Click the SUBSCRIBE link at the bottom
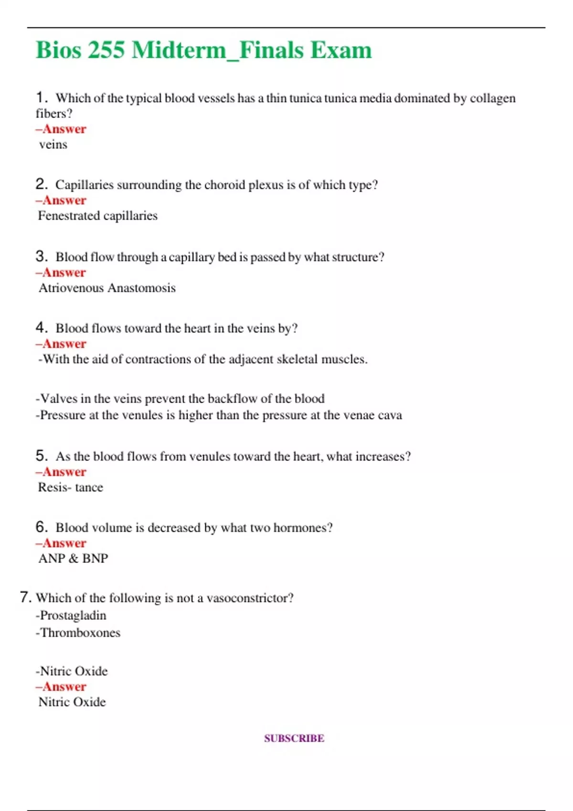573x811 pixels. coord(294,738)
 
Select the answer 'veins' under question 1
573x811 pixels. coord(53,145)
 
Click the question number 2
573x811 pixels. coord(41,184)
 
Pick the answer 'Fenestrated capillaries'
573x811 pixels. coord(97,216)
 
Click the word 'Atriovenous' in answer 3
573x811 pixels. coord(71,288)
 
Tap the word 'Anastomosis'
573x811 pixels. coord(142,288)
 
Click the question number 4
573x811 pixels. coord(41,328)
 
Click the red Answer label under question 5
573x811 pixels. coord(61,472)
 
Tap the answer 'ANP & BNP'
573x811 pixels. coord(73,558)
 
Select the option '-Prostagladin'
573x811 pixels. coord(71,615)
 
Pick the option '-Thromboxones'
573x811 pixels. coord(78,633)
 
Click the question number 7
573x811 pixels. coord(26,597)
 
